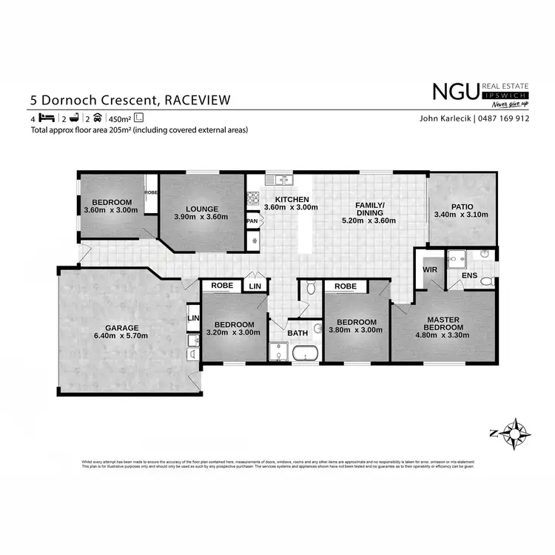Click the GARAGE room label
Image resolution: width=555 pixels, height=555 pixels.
pos(121,327)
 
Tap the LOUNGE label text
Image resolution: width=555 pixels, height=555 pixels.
pos(201,209)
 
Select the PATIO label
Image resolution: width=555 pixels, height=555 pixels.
pos(460,206)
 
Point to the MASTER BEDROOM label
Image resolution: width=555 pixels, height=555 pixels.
pos(444,323)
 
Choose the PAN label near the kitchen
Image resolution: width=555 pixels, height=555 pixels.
pos(252,221)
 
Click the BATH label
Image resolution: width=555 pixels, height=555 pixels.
pos(297,333)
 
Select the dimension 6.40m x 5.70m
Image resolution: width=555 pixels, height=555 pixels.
pos(121,336)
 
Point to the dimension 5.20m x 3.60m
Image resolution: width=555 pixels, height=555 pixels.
pos(369,221)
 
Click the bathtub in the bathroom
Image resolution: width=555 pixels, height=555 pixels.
pos(306,354)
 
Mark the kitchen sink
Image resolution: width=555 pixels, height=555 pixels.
pos(281,179)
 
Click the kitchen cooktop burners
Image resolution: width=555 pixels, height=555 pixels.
pos(252,198)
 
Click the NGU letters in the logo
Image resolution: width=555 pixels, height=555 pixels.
pos(455,91)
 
